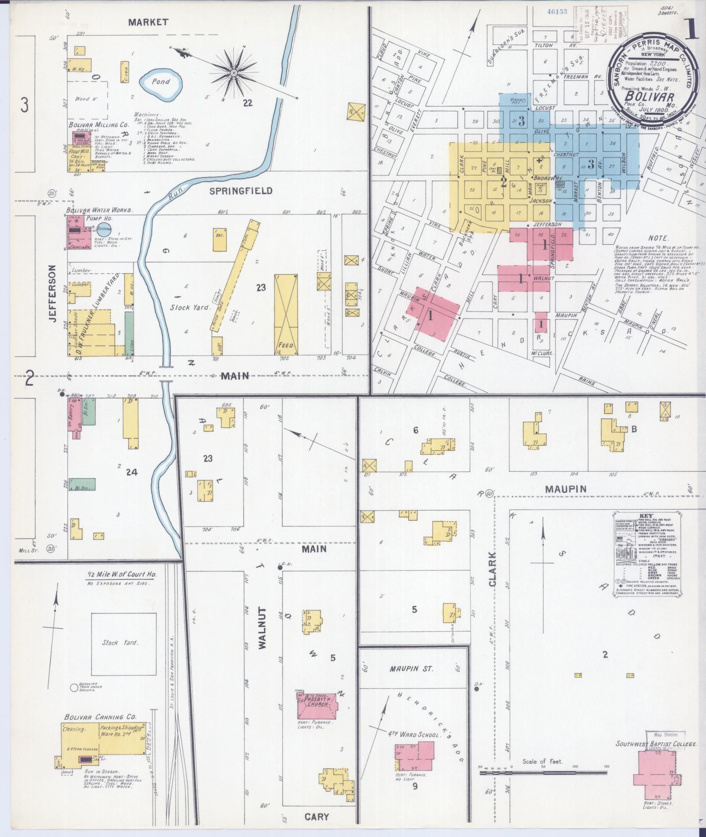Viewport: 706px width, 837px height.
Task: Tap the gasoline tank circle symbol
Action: [74, 688]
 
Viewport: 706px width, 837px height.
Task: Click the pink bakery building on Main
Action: [73, 414]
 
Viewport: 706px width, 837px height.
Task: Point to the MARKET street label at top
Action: [148, 22]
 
